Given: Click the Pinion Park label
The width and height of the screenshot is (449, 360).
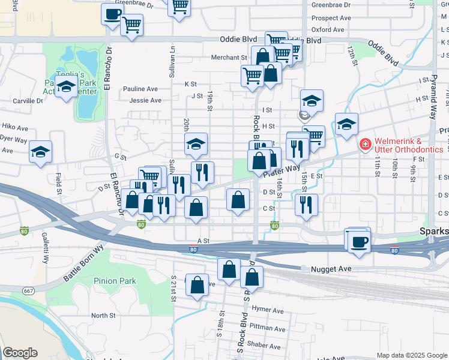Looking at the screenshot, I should (115, 281).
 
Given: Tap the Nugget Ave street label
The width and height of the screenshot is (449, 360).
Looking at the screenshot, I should (331, 269).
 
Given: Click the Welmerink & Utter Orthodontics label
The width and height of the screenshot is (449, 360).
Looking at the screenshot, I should (409, 145).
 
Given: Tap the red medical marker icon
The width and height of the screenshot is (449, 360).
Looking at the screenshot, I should (364, 145).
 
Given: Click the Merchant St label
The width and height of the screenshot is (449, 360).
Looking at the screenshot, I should (229, 58).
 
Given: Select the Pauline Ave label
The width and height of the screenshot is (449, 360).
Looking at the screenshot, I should (140, 89).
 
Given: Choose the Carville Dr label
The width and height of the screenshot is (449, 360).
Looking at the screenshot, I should (28, 101).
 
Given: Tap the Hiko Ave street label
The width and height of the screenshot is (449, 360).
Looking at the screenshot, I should (15, 128).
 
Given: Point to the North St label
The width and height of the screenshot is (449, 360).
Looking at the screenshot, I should (103, 316).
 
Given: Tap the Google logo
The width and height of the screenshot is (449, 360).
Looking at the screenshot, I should (20, 353).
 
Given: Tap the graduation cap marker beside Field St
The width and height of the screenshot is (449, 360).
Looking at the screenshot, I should (40, 151).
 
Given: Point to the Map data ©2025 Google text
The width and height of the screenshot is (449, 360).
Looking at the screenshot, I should (411, 355).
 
